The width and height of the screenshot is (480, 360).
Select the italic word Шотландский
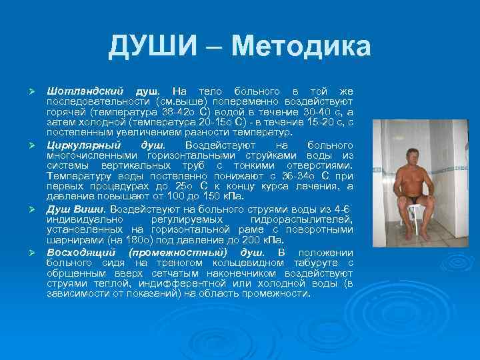[85, 90]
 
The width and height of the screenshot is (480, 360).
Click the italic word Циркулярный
[84, 145]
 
